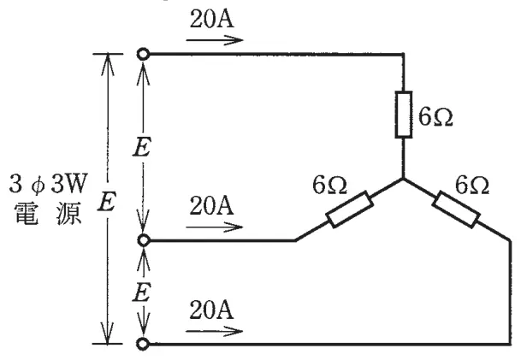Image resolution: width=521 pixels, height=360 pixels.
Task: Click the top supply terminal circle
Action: (x=143, y=54)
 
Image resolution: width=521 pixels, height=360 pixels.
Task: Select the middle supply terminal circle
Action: (x=143, y=239)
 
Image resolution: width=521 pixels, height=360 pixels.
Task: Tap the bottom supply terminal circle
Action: (x=143, y=344)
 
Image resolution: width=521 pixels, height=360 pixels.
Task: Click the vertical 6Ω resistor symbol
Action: (x=404, y=115)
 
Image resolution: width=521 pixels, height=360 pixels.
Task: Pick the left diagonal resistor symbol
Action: (x=350, y=210)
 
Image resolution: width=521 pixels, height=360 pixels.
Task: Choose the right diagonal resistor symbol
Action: (x=456, y=210)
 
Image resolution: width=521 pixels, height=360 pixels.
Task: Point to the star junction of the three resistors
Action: (x=404, y=180)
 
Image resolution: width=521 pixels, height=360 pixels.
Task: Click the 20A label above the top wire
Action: (x=211, y=19)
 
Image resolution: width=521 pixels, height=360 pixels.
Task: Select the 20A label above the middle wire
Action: (x=211, y=206)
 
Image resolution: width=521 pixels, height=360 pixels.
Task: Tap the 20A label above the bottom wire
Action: (x=211, y=310)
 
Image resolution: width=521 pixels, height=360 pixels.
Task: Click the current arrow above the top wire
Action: (x=215, y=40)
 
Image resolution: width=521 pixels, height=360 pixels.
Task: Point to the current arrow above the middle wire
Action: (x=215, y=227)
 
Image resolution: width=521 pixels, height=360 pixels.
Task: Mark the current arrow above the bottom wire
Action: (x=215, y=332)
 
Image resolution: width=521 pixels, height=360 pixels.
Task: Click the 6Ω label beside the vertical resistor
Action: (x=435, y=117)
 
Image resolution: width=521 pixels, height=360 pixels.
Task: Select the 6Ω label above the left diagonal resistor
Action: (x=329, y=185)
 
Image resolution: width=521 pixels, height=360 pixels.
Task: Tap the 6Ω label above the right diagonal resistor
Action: (x=472, y=185)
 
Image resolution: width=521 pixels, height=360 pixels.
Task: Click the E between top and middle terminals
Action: (x=142, y=147)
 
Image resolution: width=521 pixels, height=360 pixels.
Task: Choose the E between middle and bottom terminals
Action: (x=142, y=292)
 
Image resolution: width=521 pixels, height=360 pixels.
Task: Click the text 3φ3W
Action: (x=48, y=184)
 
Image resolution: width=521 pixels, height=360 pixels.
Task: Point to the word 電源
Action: (x=48, y=214)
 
